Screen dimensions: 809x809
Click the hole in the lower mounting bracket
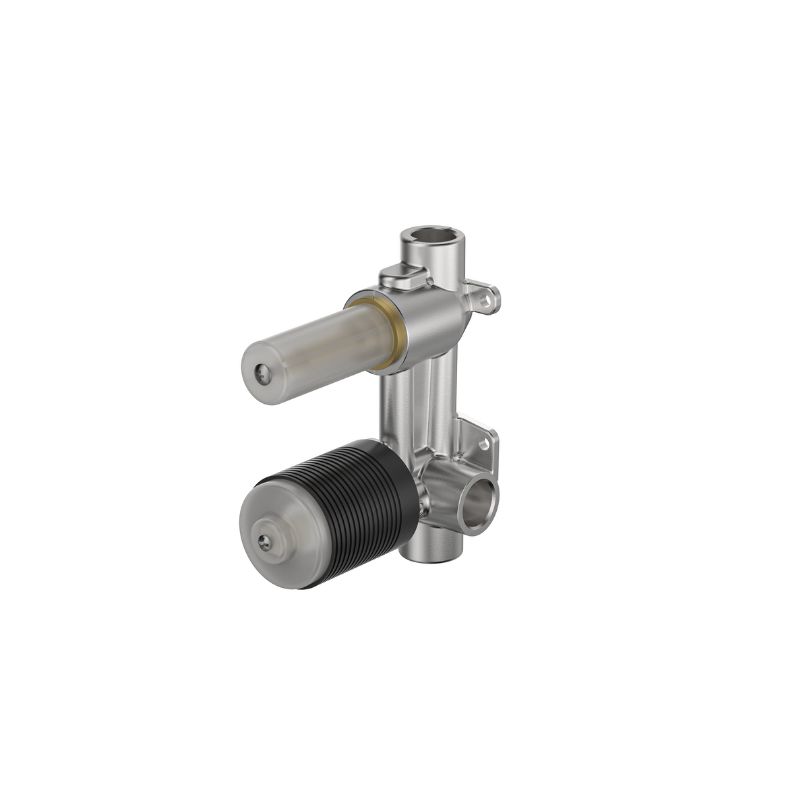(x=484, y=446)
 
